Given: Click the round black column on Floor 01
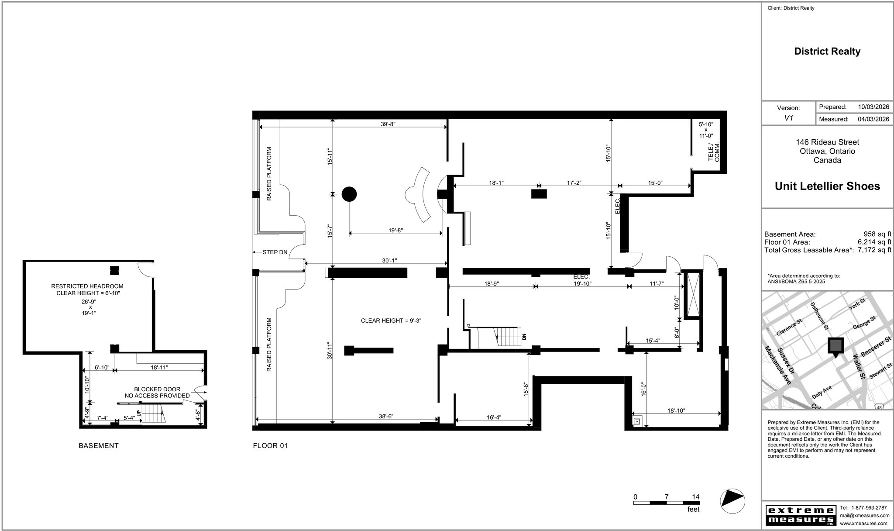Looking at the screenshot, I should pos(349,194).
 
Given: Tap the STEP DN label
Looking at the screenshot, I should pos(275,252).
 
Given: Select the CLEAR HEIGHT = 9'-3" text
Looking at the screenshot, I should pos(391,321).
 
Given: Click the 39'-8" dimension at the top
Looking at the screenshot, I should pos(388,124).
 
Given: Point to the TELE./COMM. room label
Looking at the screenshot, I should pos(714,152).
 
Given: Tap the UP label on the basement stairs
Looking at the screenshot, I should pos(139,413).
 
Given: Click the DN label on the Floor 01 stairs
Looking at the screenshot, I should pos(524,337).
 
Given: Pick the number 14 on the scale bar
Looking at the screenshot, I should pos(696,497).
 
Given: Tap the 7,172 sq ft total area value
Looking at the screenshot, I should pos(874,250).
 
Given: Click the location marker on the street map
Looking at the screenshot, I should pos(836,346).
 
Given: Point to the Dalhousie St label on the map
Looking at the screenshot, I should pos(819,316).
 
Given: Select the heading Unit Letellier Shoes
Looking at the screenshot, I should pos(827,186).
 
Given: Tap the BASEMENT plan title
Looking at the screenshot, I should pos(99,445).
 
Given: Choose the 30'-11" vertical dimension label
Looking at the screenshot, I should pos(330,350).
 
